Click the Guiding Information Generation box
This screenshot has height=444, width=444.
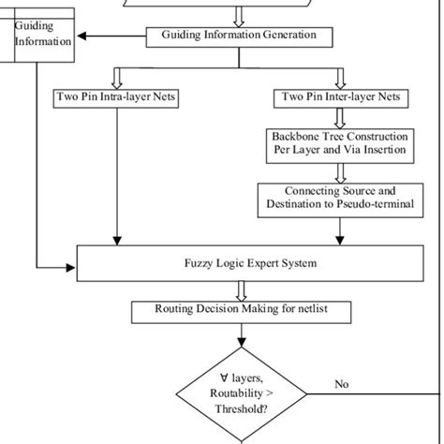(239, 37)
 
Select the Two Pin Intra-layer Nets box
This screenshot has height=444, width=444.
(116, 96)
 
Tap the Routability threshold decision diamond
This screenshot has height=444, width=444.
(243, 394)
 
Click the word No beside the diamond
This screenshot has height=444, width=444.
(342, 384)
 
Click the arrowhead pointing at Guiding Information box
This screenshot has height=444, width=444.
(81, 37)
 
